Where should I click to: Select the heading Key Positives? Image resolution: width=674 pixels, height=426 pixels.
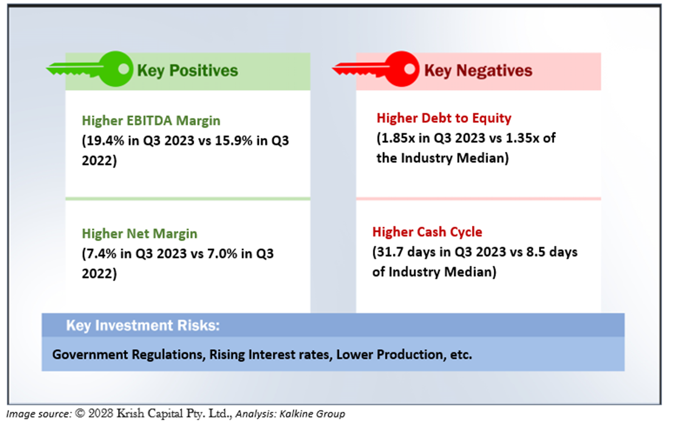pos(188,71)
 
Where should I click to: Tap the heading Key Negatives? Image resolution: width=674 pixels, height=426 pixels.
pos(478,71)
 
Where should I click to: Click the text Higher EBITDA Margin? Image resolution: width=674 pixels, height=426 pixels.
pos(151,121)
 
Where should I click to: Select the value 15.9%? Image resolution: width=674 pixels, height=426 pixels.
pos(234,141)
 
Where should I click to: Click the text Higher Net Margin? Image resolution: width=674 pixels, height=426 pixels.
pos(140,234)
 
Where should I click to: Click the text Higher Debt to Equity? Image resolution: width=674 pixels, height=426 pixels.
pos(444,118)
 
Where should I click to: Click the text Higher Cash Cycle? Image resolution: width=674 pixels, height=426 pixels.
pos(427,232)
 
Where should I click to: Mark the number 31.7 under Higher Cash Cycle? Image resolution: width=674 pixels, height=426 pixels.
pos(390,252)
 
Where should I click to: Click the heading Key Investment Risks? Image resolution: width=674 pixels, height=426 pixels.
pos(143,325)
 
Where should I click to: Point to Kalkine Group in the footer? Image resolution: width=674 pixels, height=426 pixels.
pos(312,414)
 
